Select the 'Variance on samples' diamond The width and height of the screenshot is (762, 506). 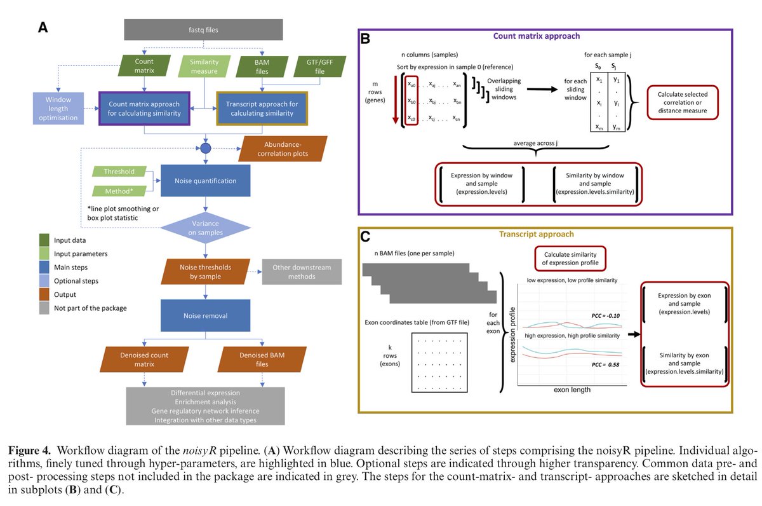(206, 227)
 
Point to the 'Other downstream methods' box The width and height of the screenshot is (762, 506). (302, 272)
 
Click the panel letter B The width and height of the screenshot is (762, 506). (365, 39)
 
